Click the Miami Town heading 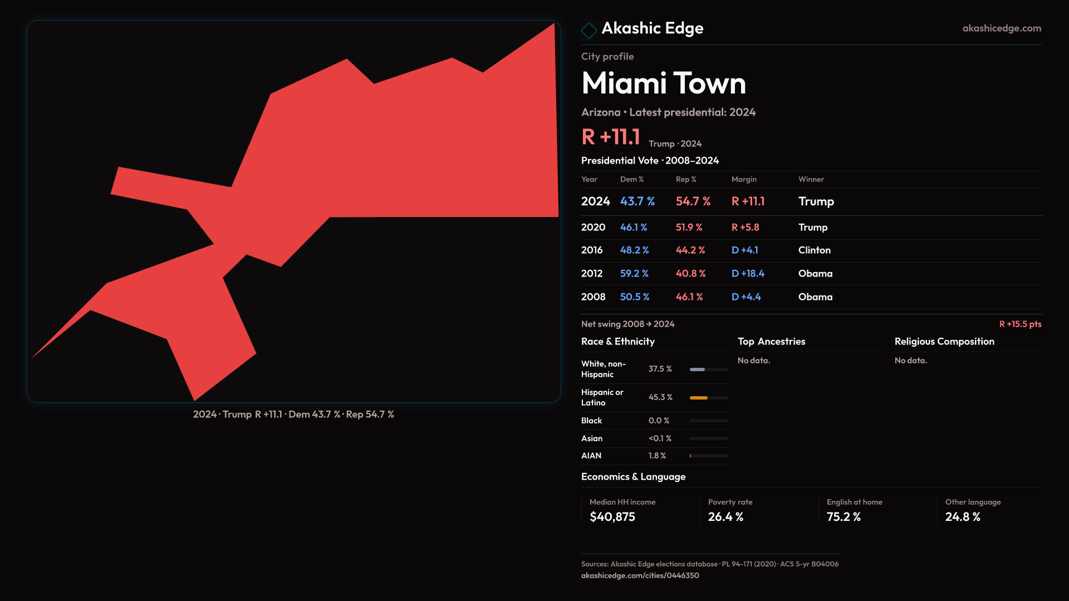(663, 83)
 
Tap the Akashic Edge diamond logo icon (589, 30)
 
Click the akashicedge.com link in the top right (1001, 28)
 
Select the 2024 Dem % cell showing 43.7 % (637, 201)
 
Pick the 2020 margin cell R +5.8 (745, 228)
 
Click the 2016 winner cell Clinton (814, 250)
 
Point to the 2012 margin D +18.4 (747, 274)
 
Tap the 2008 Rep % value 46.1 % (689, 297)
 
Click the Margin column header (743, 179)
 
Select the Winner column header (811, 179)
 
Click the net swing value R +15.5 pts (1019, 324)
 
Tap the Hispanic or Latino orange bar (698, 398)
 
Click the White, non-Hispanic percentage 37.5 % (660, 369)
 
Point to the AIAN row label (591, 456)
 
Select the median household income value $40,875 (612, 517)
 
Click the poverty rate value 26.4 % (725, 517)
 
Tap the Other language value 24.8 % (962, 517)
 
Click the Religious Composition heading (944, 342)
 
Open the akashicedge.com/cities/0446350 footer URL (640, 575)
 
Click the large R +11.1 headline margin (610, 137)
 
